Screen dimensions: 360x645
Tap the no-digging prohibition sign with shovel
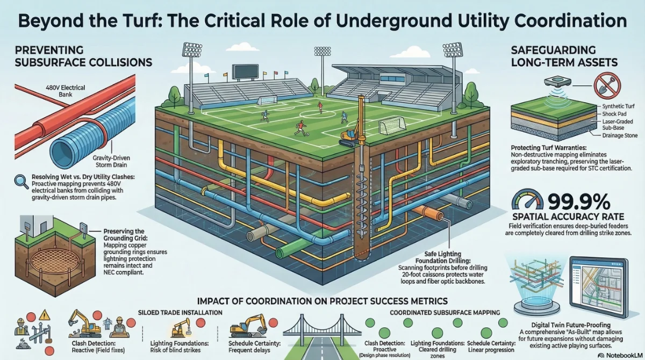607,86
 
